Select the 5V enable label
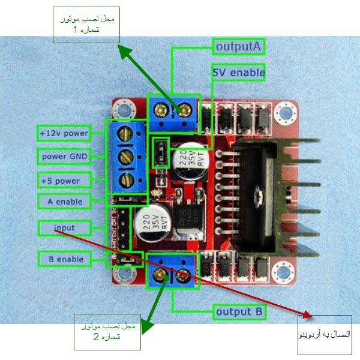(x=239, y=73)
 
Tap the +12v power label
(x=64, y=133)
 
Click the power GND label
(x=64, y=157)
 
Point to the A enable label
(x=65, y=202)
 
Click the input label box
(x=64, y=228)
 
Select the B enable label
(x=65, y=259)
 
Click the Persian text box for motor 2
(x=107, y=331)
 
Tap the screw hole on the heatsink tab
(x=257, y=193)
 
